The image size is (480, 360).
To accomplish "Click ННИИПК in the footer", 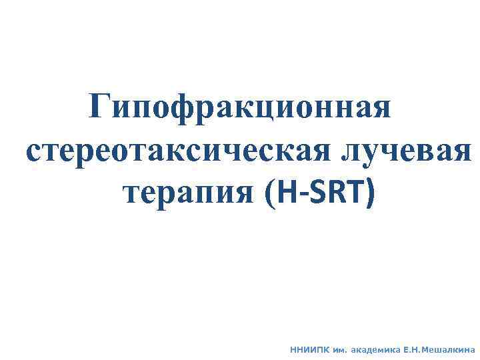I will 307,348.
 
